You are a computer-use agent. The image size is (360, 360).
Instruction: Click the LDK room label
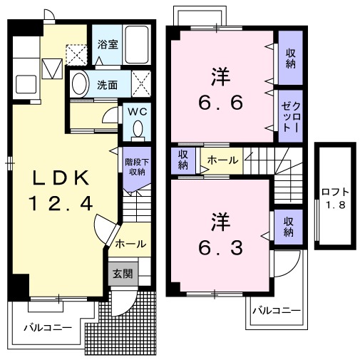[x=61, y=178]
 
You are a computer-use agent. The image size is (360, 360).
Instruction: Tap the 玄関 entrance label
[x=120, y=273]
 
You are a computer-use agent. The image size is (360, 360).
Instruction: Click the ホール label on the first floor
[x=130, y=243]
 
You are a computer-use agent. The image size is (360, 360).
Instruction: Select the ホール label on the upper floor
[x=222, y=161]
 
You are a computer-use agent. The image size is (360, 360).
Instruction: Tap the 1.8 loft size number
[x=334, y=206]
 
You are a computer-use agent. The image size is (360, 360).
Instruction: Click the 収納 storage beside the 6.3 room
[x=288, y=226]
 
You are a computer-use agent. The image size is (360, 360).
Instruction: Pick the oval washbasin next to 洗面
[x=81, y=83]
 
